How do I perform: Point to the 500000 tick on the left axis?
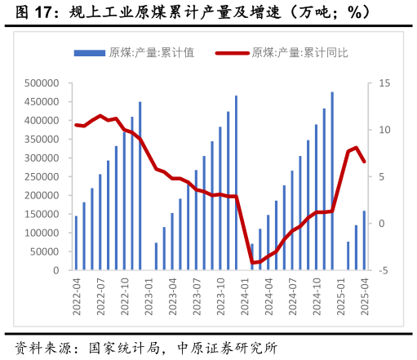pyautogui.click(x=41, y=83)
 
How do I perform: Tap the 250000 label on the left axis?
pyautogui.click(x=41, y=177)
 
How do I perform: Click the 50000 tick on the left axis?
pyautogui.click(x=43, y=252)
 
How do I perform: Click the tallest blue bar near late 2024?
pyautogui.click(x=332, y=180)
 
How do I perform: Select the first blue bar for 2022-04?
pyautogui.click(x=76, y=242)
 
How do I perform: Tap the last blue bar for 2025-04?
pyautogui.click(x=364, y=240)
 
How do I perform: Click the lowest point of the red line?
pyautogui.click(x=252, y=263)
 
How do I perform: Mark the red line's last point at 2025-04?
pyautogui.click(x=364, y=162)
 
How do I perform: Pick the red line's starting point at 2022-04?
pyautogui.click(x=76, y=125)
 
